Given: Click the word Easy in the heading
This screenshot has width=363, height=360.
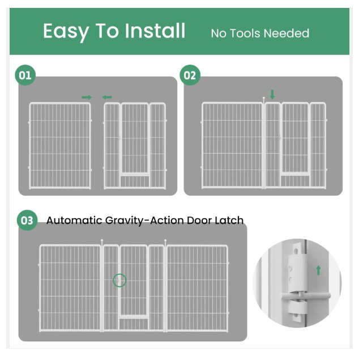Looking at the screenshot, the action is tap(66, 31).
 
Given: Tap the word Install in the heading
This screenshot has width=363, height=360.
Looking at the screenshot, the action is tap(155, 31).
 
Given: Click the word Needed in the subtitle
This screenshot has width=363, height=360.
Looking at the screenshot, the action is tap(287, 33).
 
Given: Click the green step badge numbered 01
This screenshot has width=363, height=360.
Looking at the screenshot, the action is tap(25, 75).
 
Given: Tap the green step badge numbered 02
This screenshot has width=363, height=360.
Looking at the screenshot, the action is tap(190, 75).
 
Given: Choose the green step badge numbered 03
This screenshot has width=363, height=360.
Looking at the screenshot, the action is tap(27, 220).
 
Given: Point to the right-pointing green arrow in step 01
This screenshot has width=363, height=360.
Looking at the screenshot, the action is tap(87, 98).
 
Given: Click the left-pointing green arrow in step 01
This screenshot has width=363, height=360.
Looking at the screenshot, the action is tap(107, 98).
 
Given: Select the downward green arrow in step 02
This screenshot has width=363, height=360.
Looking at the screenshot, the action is tap(272, 95).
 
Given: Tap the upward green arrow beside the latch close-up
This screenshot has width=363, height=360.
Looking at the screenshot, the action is tap(319, 270).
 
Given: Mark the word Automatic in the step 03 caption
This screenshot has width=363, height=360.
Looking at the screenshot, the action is tap(74, 220).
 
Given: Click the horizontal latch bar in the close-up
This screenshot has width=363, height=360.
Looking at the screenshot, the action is tap(306, 296).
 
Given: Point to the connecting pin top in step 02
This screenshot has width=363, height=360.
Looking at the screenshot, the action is tap(264, 98).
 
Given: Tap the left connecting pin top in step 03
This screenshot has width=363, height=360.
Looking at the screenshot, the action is tap(102, 241).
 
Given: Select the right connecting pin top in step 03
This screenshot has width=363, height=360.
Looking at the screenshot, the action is tap(165, 241).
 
